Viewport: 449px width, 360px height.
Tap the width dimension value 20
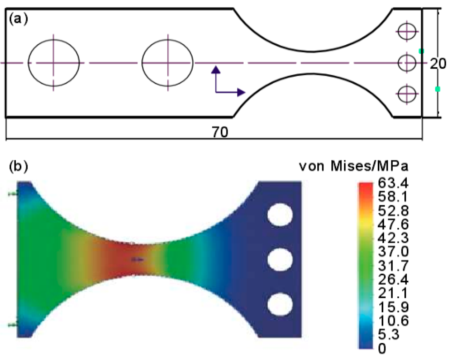click(x=437, y=64)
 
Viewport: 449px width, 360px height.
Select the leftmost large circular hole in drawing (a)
click(x=54, y=63)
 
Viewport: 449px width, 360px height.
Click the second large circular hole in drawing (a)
click(x=168, y=63)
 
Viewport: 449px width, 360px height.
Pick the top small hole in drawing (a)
click(x=407, y=31)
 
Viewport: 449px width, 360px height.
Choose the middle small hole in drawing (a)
click(x=407, y=63)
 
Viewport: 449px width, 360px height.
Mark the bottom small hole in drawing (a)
click(x=407, y=94)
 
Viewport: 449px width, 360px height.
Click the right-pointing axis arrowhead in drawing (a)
click(x=241, y=93)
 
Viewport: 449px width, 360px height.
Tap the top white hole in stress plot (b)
click(x=280, y=214)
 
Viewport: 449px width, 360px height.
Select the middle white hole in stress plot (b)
click(x=280, y=260)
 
